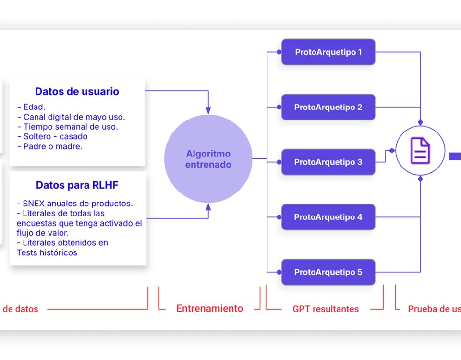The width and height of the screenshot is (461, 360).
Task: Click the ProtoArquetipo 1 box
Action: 328,52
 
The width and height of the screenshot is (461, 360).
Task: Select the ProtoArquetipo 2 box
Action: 328,107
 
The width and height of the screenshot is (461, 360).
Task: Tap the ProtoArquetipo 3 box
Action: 328,162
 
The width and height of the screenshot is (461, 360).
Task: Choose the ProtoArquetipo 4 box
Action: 328,217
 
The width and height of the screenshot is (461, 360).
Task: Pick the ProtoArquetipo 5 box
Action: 328,272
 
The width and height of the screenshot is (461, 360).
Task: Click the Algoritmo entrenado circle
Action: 208,159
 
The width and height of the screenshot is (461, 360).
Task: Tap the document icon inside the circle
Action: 420,150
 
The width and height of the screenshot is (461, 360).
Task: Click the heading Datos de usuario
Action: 77,91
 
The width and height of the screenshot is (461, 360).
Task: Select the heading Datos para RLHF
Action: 77,185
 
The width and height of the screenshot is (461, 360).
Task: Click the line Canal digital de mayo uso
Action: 71,117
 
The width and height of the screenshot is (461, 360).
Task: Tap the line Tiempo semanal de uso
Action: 67,127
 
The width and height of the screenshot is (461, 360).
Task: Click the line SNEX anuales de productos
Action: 74,203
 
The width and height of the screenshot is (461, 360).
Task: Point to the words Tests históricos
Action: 47,252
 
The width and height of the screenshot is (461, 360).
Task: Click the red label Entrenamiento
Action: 209,309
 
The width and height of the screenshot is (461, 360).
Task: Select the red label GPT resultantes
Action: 326,309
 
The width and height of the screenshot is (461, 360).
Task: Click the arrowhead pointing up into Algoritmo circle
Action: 208,207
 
